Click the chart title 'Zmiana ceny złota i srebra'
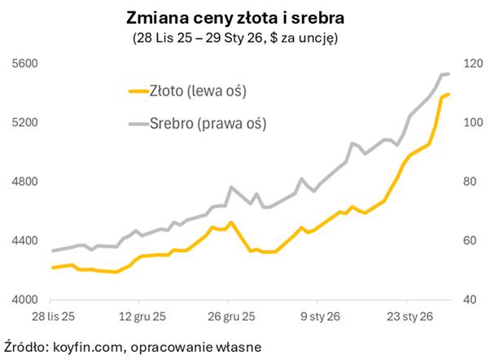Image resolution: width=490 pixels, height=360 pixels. (245, 17)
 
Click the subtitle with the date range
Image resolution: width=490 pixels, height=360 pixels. (245, 37)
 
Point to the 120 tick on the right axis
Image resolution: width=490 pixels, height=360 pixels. (475, 64)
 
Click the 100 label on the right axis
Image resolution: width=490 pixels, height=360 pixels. (475, 123)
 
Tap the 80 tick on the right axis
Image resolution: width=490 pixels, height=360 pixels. (472, 182)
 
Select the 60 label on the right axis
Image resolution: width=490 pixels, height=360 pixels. (472, 241)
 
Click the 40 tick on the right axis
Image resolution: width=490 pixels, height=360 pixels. (472, 300)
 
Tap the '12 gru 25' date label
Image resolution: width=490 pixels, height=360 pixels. (142, 314)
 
